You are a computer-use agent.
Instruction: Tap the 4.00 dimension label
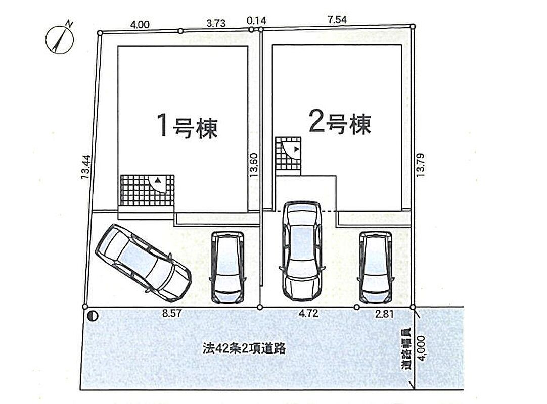(x=140, y=23)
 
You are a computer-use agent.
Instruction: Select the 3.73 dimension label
(x=216, y=23)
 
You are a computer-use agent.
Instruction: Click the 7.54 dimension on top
(x=337, y=19)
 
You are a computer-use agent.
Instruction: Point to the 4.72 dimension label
(x=308, y=313)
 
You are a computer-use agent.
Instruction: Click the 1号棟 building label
(x=187, y=126)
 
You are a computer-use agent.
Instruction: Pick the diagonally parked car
(x=143, y=260)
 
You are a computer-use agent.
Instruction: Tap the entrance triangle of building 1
(x=158, y=180)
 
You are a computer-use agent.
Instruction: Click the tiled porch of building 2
(x=288, y=154)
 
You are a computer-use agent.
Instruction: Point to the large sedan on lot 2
(x=302, y=249)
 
